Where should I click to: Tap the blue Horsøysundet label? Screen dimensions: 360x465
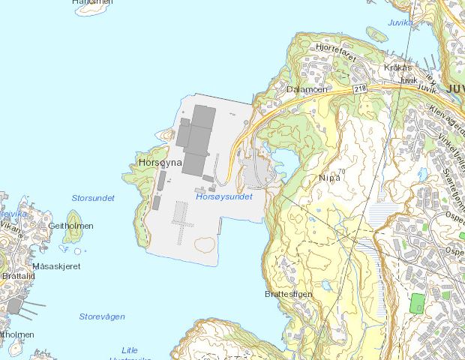pos(223,196)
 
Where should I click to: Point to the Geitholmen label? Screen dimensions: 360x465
pos(70,226)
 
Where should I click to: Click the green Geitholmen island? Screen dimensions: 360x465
pos(73,237)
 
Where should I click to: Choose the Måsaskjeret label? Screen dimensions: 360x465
pos(56,266)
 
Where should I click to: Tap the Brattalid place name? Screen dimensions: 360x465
pos(19,276)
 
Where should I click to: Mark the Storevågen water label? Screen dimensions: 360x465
pos(102,316)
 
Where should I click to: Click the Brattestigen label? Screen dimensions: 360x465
pos(288,294)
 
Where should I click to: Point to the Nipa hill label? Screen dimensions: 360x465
pos(329,178)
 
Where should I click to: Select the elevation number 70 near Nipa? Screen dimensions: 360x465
pos(342,172)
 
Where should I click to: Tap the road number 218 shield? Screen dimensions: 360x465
pos(361,88)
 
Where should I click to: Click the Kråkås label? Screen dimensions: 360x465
pos(398,67)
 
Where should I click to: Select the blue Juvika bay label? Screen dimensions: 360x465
pos(400,22)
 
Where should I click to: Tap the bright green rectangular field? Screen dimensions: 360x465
pos(418,303)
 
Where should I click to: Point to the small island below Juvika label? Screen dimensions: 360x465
pos(376,34)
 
